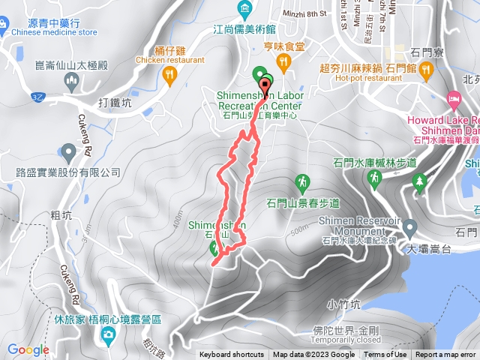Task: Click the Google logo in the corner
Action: tap(28, 349)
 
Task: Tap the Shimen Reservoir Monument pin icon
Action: tap(410, 226)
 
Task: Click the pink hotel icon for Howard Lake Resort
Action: tap(454, 99)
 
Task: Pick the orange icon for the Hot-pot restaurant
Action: tap(427, 71)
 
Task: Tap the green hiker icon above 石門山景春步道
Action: tap(301, 181)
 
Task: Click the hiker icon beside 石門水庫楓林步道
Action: tap(373, 178)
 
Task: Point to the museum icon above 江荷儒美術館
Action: tap(244, 10)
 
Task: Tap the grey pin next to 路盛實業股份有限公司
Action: tap(69, 154)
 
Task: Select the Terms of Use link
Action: tap(385, 355)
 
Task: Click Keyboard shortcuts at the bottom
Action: tap(232, 355)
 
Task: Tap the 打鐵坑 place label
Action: tap(114, 103)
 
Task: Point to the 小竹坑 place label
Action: tap(343, 304)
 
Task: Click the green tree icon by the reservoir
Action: tap(419, 181)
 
